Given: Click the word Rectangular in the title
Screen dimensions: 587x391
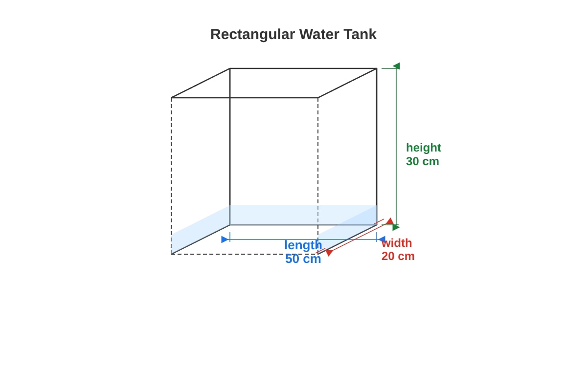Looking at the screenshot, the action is pyautogui.click(x=252, y=35).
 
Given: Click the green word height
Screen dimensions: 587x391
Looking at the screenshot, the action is pyautogui.click(x=424, y=148).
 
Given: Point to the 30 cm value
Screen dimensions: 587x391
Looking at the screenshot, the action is pyautogui.click(x=423, y=161).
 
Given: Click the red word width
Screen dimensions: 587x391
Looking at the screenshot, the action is pyautogui.click(x=397, y=243).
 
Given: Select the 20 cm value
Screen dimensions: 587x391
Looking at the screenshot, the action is pyautogui.click(x=398, y=256).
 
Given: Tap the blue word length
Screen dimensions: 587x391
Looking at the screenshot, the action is pyautogui.click(x=303, y=245).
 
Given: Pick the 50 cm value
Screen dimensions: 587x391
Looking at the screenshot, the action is pyautogui.click(x=303, y=259).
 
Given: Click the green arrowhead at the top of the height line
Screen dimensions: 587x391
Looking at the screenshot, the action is pyautogui.click(x=397, y=65).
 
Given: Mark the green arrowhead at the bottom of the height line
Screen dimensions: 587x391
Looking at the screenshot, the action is pyautogui.click(x=396, y=227).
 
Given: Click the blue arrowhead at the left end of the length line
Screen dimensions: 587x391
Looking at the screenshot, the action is pyautogui.click(x=225, y=239).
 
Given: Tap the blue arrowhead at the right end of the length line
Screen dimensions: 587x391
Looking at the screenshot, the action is pyautogui.click(x=382, y=239).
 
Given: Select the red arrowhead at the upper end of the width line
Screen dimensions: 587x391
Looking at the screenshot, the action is pyautogui.click(x=390, y=221).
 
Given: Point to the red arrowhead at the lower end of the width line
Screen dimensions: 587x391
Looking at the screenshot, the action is pyautogui.click(x=329, y=253).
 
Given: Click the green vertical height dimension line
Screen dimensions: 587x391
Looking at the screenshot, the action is pyautogui.click(x=396, y=147).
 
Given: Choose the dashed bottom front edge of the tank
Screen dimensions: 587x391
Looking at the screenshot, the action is pyautogui.click(x=245, y=254).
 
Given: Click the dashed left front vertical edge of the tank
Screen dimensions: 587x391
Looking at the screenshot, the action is pyautogui.click(x=171, y=176).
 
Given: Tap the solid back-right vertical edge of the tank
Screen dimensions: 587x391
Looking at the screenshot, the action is pyautogui.click(x=377, y=147).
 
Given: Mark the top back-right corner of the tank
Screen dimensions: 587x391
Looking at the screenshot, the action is pyautogui.click(x=377, y=68).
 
